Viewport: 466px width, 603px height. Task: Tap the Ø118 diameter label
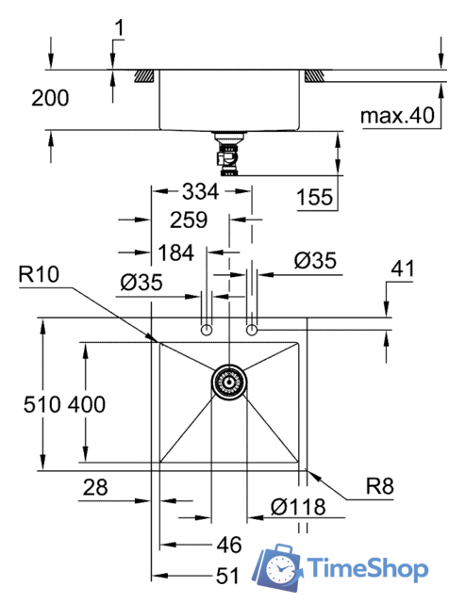(x=296, y=507)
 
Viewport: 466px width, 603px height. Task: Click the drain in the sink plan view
(x=227, y=382)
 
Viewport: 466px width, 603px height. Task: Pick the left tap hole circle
(x=205, y=329)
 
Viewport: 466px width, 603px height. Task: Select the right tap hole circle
(x=251, y=329)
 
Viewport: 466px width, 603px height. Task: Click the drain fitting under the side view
(x=227, y=154)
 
